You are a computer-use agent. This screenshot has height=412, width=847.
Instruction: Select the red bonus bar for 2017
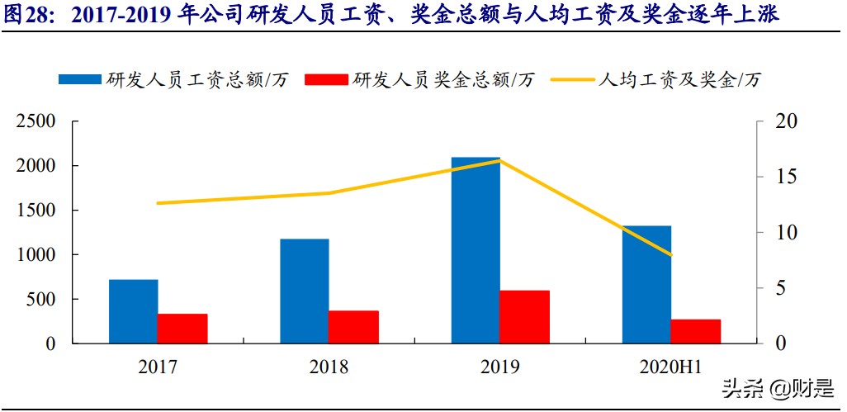coord(182,329)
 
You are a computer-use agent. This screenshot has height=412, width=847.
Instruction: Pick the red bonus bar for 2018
coord(353,327)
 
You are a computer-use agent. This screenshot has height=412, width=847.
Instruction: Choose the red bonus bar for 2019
coord(524,317)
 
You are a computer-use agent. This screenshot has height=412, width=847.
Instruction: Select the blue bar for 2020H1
coord(646,285)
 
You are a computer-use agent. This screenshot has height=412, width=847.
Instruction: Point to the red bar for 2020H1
coord(695,331)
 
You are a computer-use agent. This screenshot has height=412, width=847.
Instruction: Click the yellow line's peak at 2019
coord(499,160)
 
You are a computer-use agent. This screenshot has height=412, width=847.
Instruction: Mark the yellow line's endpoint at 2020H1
coord(671,255)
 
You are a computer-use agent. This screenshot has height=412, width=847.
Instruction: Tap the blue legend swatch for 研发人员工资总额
coord(79,79)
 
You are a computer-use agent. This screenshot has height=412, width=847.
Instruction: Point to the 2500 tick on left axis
coord(37,121)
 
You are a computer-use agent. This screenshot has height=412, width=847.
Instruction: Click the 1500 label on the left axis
coord(37,211)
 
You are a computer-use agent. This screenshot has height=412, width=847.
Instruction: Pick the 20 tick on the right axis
coord(788,121)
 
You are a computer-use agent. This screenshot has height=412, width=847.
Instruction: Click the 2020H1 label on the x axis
coord(671,367)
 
